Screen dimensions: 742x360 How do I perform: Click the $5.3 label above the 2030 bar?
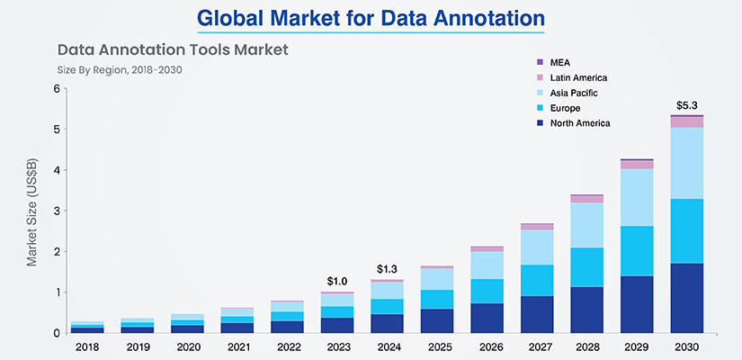pyautogui.click(x=686, y=104)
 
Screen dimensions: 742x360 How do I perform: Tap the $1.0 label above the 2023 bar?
pyautogui.click(x=337, y=282)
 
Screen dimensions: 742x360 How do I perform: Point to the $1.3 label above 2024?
pyautogui.click(x=387, y=269)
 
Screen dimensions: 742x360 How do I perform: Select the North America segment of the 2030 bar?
pyautogui.click(x=686, y=298)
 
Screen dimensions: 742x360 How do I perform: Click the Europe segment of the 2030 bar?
pyautogui.click(x=686, y=231)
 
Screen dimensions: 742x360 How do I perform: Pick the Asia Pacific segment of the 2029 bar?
pyautogui.click(x=637, y=197)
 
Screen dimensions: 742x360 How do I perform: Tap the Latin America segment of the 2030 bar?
pyautogui.click(x=686, y=122)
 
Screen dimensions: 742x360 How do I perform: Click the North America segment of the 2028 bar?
pyautogui.click(x=586, y=310)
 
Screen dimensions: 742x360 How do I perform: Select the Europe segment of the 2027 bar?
pyautogui.click(x=537, y=281)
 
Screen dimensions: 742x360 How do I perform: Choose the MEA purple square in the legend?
pyautogui.click(x=540, y=62)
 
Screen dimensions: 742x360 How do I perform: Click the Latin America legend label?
pyautogui.click(x=578, y=77)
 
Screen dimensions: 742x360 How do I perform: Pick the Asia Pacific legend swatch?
pyautogui.click(x=540, y=93)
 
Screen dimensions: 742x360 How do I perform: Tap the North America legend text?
pyautogui.click(x=580, y=123)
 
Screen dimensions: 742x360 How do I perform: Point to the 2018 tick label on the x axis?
pyautogui.click(x=87, y=347)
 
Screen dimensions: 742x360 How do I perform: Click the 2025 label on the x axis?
pyautogui.click(x=437, y=347)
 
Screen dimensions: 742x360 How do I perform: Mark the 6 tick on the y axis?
pyautogui.click(x=58, y=89)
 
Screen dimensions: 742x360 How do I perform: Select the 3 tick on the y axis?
pyautogui.click(x=58, y=211)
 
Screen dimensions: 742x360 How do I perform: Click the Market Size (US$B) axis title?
pyautogui.click(x=32, y=211)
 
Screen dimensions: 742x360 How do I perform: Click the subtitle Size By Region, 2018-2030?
pyautogui.click(x=120, y=70)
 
